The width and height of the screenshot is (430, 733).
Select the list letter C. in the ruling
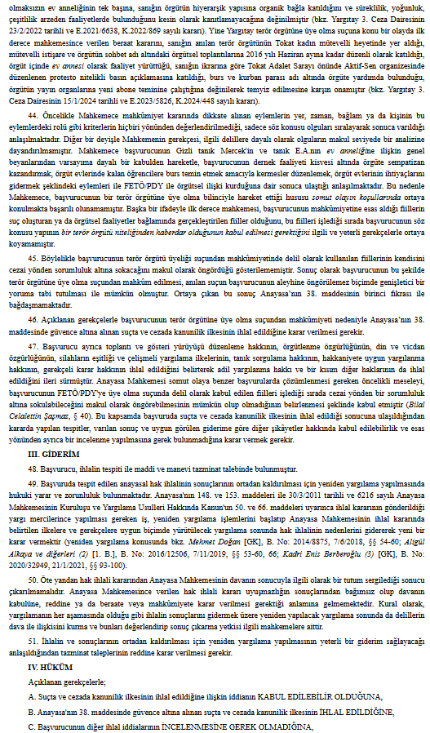pos(30,725)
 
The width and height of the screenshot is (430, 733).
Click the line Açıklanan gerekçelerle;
pos(64,682)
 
